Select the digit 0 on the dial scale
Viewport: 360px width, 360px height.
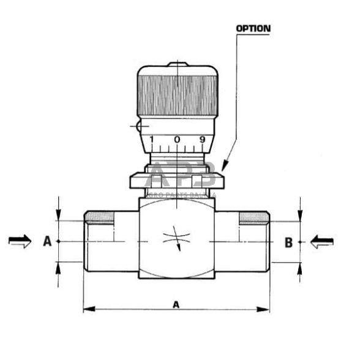click(177, 140)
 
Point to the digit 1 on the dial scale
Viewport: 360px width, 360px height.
click(151, 140)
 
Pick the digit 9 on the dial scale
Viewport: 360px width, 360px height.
click(203, 140)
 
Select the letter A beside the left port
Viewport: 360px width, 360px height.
click(47, 242)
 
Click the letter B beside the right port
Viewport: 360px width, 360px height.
click(288, 242)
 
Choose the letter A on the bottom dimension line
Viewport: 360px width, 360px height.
click(176, 304)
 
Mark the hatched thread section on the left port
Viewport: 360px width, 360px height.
click(100, 216)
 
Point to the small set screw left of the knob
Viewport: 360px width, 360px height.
click(140, 127)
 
